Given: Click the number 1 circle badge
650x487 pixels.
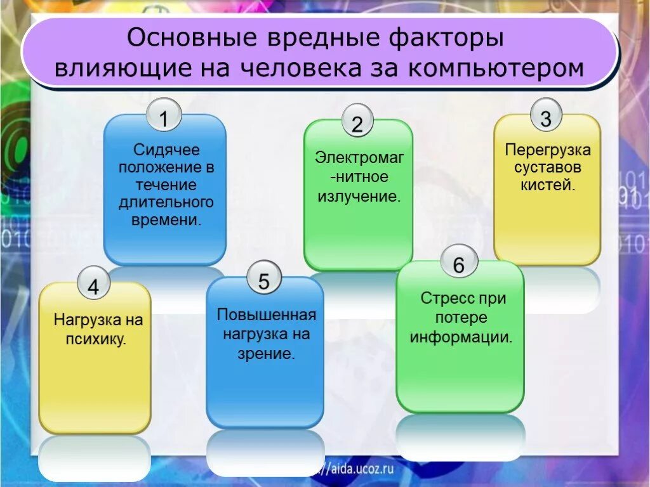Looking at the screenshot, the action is tap(164, 117).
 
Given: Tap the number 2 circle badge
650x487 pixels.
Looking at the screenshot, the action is tap(357, 122).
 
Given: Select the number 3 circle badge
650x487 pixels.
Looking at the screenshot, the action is tap(547, 117).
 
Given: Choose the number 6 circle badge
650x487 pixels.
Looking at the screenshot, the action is tap(459, 264).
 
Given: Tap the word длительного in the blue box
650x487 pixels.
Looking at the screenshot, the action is tap(166, 204).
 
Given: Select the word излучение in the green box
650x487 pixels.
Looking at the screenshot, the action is tap(359, 196).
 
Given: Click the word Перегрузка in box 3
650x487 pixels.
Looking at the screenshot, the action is tap(548, 150).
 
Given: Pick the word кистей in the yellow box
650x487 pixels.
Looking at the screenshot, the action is tap(548, 186).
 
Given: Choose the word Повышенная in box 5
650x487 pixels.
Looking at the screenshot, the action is tap(267, 315).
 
